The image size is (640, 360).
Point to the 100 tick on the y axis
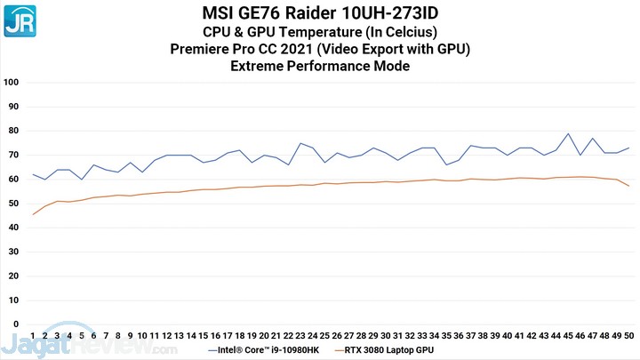(12, 83)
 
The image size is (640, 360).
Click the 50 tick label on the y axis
(12, 204)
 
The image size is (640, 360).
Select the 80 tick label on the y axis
(12, 131)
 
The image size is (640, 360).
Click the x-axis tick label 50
(629, 336)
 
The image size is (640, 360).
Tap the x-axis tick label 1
(33, 336)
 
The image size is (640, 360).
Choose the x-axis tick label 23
(300, 336)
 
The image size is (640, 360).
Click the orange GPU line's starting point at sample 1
(33, 214)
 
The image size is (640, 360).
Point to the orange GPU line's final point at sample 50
(629, 186)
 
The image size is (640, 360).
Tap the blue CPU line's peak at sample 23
(300, 143)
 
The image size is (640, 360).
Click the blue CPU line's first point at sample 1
(33, 174)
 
